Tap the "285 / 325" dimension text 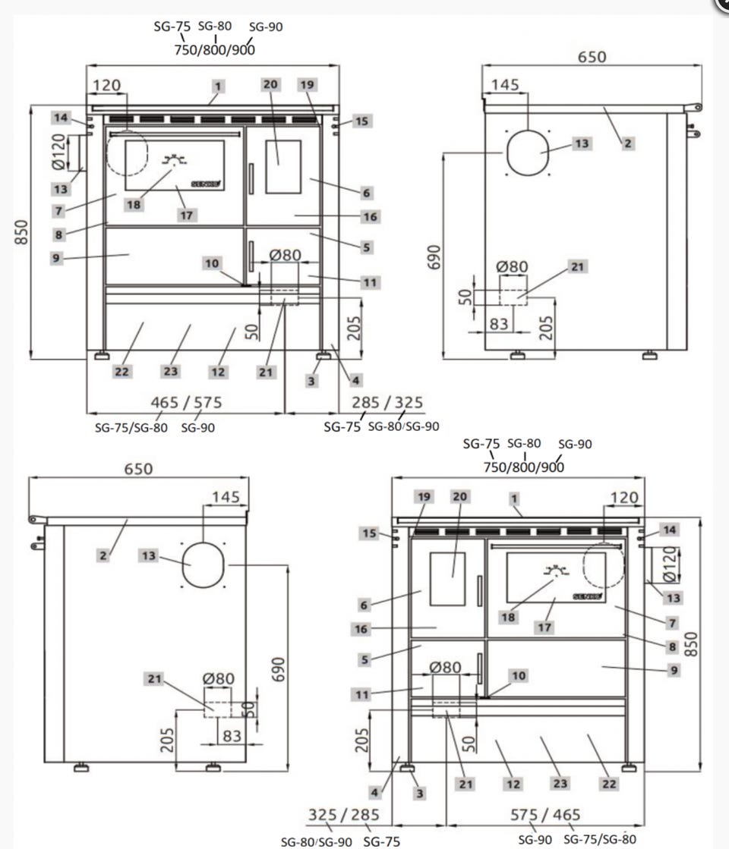(x=387, y=402)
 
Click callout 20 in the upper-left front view (x=270, y=84)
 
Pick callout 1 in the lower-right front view (x=514, y=498)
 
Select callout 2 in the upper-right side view (x=627, y=143)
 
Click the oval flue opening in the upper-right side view (x=527, y=152)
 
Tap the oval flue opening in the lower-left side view (x=202, y=565)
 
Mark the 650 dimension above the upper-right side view (x=592, y=58)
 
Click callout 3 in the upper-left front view (x=311, y=381)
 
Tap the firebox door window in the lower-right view (x=448, y=578)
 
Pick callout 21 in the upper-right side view (x=577, y=267)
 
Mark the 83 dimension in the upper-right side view (x=498, y=324)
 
